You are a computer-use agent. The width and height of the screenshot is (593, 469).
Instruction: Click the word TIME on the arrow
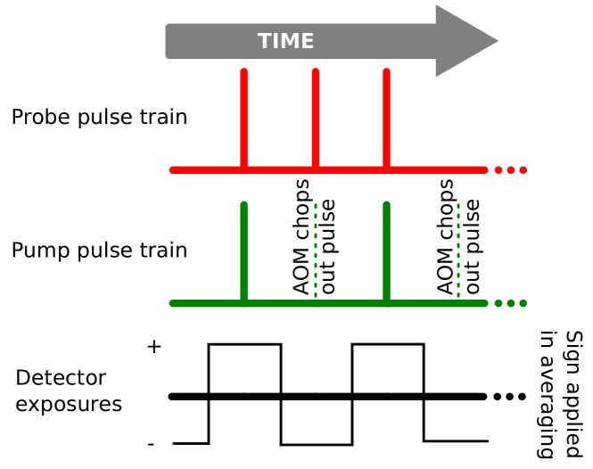[285, 41]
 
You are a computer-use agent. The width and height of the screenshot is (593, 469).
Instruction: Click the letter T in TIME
[265, 41]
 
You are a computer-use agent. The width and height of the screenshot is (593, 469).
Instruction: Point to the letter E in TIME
[307, 41]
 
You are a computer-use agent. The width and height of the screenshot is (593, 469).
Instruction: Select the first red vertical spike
[244, 116]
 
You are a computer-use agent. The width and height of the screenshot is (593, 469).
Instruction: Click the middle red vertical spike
[316, 116]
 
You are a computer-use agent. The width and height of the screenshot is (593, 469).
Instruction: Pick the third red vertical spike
[386, 116]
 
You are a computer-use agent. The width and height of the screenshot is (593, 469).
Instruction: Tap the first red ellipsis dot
[498, 169]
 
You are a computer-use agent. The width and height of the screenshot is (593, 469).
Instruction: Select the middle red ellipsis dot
[511, 169]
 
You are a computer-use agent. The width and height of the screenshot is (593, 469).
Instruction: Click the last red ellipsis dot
[523, 169]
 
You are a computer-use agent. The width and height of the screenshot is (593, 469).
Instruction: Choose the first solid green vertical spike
[244, 250]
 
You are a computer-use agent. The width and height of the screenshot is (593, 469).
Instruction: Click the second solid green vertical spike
[386, 250]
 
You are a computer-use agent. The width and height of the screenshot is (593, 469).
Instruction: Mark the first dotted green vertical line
[316, 250]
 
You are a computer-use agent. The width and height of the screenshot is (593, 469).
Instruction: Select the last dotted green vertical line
[458, 250]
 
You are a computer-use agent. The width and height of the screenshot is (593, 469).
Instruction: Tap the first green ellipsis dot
[498, 303]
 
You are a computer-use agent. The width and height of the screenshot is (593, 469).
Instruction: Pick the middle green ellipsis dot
[511, 303]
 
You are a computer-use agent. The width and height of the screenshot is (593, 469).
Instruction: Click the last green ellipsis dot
[523, 303]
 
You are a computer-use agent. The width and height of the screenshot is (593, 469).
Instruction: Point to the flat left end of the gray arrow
[169, 41]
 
